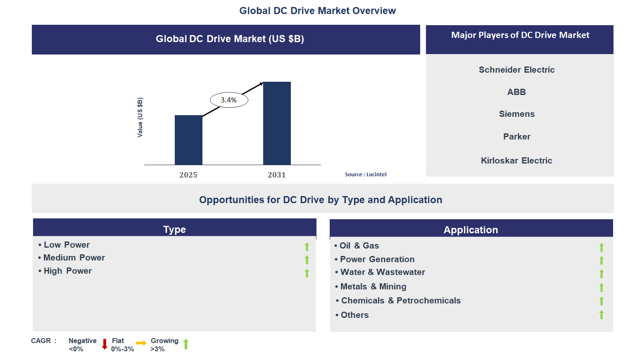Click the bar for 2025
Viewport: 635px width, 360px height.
188,140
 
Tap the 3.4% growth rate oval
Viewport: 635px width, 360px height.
229,100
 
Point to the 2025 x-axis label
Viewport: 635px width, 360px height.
188,175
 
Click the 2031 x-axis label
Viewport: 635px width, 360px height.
277,175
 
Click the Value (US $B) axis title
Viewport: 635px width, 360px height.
140,118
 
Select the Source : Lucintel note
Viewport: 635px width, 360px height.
366,175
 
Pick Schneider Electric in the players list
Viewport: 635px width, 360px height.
516,70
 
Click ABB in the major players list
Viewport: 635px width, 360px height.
516,92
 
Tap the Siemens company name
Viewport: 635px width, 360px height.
516,114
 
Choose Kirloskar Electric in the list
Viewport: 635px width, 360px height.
516,161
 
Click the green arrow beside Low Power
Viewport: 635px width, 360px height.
307,247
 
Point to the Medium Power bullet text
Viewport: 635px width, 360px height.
74,258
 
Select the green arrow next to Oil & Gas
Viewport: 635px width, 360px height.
602,247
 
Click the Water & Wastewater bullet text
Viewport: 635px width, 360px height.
383,272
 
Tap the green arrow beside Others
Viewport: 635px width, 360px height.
602,315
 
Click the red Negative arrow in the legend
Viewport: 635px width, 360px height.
105,344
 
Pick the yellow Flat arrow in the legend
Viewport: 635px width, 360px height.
141,343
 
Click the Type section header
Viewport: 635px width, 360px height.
174,229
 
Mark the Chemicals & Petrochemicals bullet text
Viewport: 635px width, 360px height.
401,301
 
